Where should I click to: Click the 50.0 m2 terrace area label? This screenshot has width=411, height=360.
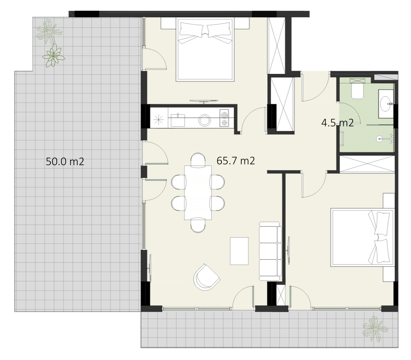tap(65, 161)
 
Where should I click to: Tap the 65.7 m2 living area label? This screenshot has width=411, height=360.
tap(235, 161)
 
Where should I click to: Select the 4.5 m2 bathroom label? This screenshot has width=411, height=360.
tap(337, 123)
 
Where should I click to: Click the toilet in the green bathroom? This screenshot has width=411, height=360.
tap(357, 91)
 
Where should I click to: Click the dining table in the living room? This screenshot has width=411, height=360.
tap(198, 192)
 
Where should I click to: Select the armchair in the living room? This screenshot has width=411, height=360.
tap(206, 277)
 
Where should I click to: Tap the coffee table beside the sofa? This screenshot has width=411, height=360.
tap(239, 251)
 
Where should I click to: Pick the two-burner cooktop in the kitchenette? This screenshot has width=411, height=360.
tap(224, 118)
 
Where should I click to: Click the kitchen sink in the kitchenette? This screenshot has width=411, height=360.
tap(178, 120)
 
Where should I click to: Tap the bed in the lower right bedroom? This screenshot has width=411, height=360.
tap(363, 237)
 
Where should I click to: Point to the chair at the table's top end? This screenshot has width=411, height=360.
tap(198, 160)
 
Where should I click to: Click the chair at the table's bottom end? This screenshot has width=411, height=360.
tap(198, 225)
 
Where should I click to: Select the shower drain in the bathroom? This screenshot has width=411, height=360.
tap(379, 139)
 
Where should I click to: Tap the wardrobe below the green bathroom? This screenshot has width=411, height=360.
tap(367, 164)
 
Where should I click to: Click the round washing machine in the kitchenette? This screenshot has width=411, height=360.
tap(205, 121)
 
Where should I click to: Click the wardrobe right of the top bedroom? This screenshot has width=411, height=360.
tap(276, 45)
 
